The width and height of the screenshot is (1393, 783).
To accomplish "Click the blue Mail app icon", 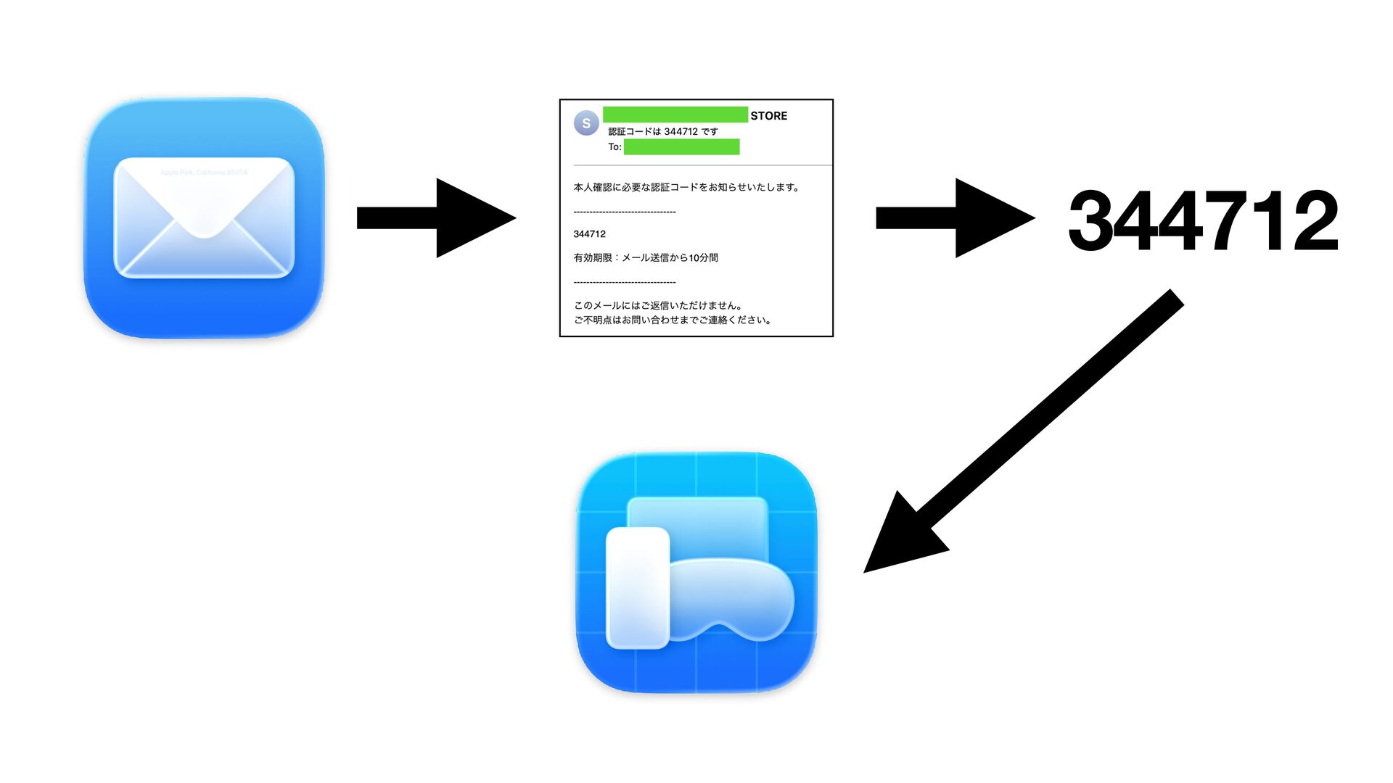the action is [x=204, y=217].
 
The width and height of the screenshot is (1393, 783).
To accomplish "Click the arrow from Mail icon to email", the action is [x=435, y=217].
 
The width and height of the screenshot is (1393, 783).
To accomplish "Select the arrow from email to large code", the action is [x=954, y=217].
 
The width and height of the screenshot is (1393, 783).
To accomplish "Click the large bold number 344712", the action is [x=1203, y=220].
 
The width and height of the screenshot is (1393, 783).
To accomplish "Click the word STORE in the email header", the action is [x=768, y=116].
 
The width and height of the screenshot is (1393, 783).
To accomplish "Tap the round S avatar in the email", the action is [x=586, y=123].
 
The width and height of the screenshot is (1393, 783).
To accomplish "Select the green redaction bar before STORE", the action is [x=675, y=115].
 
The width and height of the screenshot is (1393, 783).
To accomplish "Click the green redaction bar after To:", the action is [x=681, y=147].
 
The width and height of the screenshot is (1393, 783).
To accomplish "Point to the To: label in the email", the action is [x=615, y=147].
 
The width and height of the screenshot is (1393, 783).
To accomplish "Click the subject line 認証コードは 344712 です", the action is [x=663, y=131].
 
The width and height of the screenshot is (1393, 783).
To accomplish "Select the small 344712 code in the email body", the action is [x=589, y=234].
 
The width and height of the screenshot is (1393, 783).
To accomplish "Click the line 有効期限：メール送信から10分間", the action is [x=646, y=257].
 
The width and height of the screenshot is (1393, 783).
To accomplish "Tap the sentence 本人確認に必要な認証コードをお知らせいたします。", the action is [x=686, y=187].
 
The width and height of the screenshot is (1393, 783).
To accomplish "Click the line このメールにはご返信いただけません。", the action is [x=658, y=305].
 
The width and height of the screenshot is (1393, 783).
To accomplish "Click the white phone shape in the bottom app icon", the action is [x=637, y=587].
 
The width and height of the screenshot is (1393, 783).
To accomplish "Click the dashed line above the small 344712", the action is [x=624, y=212].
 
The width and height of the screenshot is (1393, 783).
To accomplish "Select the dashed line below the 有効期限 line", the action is [x=624, y=281].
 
